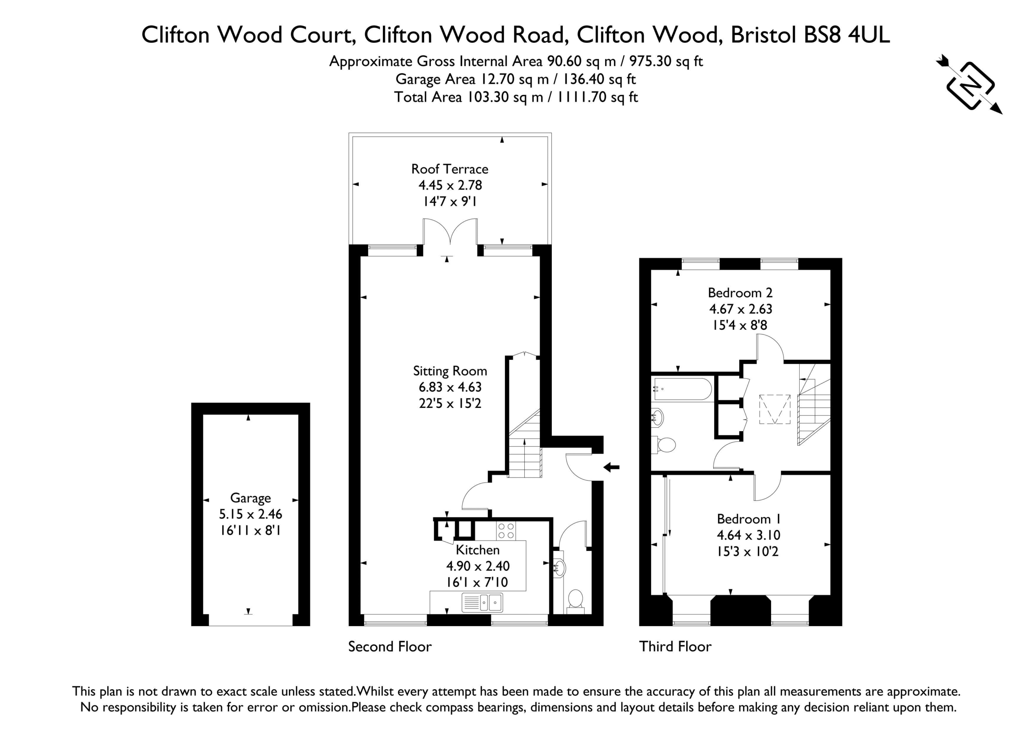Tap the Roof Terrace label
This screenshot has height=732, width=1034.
coord(450,169)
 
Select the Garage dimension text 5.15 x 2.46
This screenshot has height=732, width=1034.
coord(250,514)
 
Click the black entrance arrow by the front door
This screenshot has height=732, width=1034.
coord(611,467)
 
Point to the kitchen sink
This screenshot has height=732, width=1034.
coord(482,603)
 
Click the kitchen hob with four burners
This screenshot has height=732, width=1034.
coord(506,531)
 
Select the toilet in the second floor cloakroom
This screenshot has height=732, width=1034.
coord(575,601)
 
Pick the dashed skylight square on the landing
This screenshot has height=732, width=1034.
coord(775,409)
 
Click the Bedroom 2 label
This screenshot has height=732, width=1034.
coord(740,293)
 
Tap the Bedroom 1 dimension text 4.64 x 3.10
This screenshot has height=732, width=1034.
coord(748,535)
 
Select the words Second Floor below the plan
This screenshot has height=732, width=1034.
coord(389,647)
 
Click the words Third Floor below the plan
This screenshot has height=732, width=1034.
coord(675,647)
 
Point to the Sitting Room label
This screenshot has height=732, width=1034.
coord(450,371)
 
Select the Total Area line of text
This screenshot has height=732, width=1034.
coord(516,97)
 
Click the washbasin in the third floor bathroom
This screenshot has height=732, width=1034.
coord(658,418)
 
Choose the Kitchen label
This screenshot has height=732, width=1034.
coord(477,550)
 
